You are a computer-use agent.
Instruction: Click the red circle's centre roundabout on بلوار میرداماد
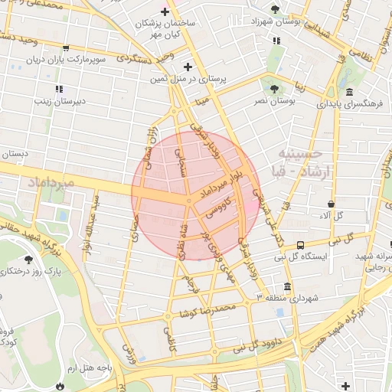(x=188, y=201)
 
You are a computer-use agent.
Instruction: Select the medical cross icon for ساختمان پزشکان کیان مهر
(x=164, y=12)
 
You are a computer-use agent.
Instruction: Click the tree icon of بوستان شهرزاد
(x=275, y=10)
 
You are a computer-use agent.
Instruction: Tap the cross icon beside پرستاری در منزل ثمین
(x=188, y=67)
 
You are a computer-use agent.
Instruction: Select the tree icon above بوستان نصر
(x=272, y=80)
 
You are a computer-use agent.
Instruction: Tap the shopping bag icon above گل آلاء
(x=331, y=204)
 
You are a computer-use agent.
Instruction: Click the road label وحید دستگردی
(x=145, y=56)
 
